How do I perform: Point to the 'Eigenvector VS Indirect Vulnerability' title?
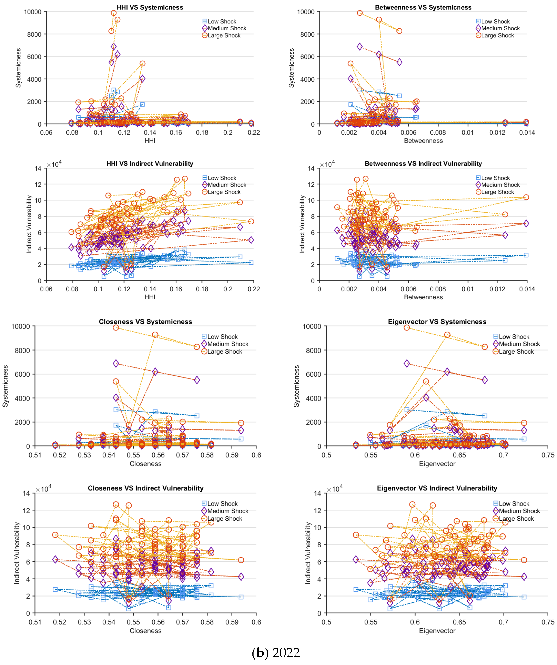[x=437, y=488]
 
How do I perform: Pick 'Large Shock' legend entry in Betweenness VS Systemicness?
[x=497, y=36]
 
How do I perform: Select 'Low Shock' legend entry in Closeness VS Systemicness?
[x=222, y=337]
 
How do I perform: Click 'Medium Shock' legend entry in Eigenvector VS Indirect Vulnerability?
[x=519, y=511]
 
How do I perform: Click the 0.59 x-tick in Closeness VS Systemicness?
[x=232, y=455]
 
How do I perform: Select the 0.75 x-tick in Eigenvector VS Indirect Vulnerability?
[x=547, y=622]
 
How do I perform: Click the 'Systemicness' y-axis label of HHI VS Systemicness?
[x=18, y=68]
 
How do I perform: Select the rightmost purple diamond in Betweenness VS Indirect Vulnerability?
[x=526, y=224]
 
